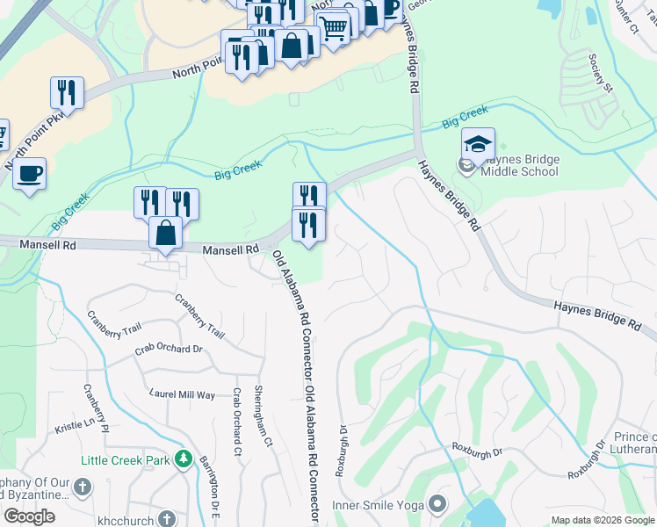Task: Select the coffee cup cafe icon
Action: pos(30,174)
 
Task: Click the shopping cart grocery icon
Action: pos(333,27)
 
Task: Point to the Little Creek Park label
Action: pos(125,459)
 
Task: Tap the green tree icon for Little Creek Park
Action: pos(183,459)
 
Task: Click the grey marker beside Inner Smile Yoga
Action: pos(437,504)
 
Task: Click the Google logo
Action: pos(30,516)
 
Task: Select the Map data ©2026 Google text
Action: pos(603,520)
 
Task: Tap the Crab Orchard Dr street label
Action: pos(169,349)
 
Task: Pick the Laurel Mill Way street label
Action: pos(183,394)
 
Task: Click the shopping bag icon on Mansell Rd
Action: pos(165,234)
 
